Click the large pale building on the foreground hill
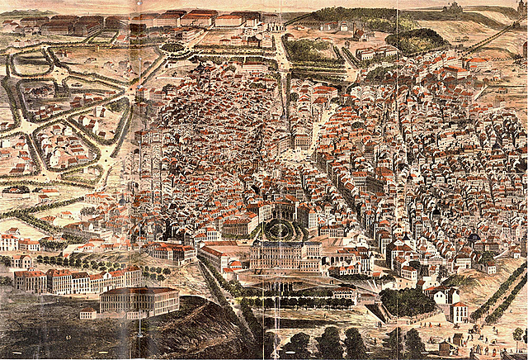tap(139, 301)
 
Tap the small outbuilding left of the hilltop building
tap(87, 314)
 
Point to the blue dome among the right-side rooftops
tap(473, 239)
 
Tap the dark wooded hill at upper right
tap(417, 40)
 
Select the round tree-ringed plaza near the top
tap(173, 47)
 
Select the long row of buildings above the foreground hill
tap(78, 280)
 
